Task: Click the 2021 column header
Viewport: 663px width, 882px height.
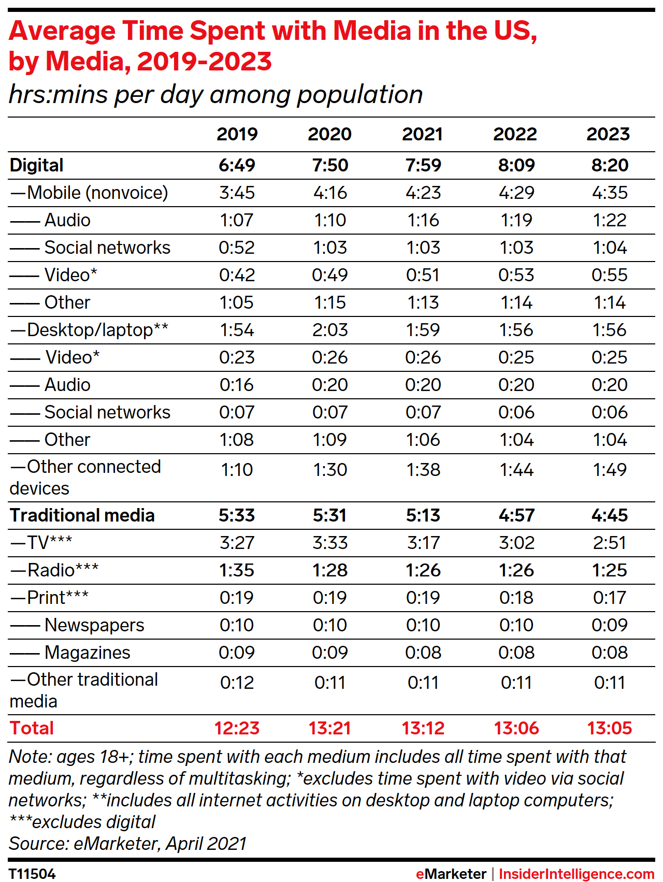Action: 423,134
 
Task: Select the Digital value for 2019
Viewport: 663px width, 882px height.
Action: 237,165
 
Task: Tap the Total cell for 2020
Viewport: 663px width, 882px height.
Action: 330,728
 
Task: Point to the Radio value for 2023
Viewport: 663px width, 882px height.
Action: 610,570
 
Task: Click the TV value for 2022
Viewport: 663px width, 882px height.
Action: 516,543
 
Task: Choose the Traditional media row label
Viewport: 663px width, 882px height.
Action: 82,515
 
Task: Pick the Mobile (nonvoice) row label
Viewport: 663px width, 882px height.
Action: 89,193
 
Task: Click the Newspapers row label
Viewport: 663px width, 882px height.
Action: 94,625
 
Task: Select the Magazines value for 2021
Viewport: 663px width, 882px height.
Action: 423,653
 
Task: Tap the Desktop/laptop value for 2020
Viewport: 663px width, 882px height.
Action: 330,330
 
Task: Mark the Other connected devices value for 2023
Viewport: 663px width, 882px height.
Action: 610,470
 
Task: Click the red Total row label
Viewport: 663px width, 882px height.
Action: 32,728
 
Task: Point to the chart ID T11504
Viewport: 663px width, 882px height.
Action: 32,874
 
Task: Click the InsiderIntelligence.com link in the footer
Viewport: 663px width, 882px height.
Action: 576,874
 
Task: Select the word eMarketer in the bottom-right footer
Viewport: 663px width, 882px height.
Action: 451,874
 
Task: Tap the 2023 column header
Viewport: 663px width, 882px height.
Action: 608,134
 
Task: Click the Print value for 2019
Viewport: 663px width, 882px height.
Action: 237,598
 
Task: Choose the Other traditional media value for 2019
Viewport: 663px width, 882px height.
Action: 237,683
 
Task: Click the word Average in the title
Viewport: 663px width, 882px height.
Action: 61,31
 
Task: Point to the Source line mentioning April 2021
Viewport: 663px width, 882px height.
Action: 127,844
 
